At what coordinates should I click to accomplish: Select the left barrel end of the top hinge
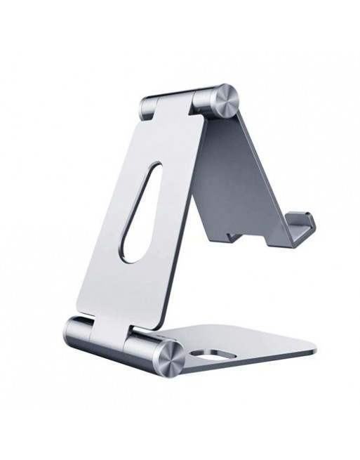(147, 107)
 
